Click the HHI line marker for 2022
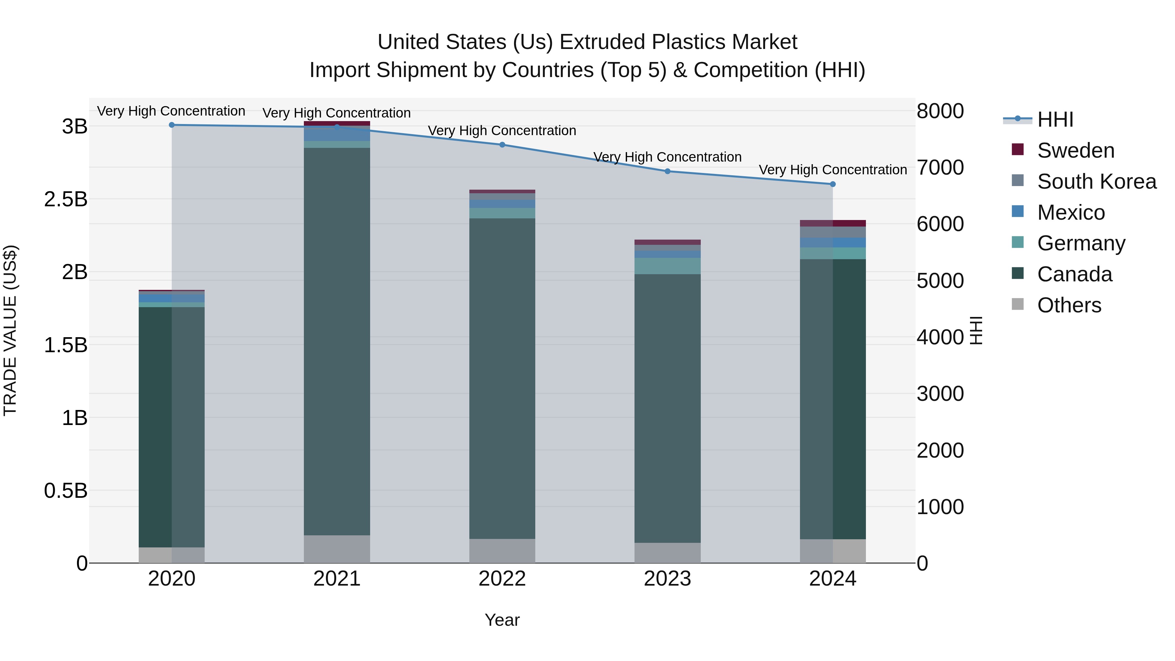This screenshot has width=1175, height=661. [502, 145]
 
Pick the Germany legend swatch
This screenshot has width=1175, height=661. [1018, 242]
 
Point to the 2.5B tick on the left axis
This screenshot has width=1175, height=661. [66, 199]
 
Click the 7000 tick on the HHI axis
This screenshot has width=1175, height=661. [940, 167]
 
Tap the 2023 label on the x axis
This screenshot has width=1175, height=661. [667, 579]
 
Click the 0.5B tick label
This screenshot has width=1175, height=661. [66, 491]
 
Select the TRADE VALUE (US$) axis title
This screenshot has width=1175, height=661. [10, 330]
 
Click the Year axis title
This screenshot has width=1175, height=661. [502, 620]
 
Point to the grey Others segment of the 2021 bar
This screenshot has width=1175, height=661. [337, 549]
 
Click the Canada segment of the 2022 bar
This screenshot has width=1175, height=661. [502, 379]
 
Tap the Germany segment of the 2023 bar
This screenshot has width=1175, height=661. [667, 266]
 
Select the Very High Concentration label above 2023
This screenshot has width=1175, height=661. [667, 157]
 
